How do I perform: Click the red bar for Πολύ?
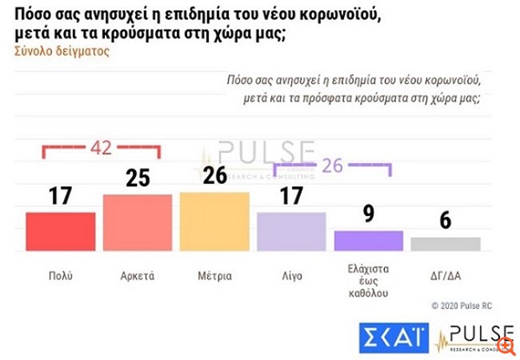pyautogui.click(x=60, y=232)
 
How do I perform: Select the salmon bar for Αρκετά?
pyautogui.click(x=137, y=222)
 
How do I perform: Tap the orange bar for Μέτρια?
pyautogui.click(x=214, y=222)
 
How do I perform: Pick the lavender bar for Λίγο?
pyautogui.click(x=290, y=232)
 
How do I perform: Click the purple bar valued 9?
pyautogui.click(x=368, y=241)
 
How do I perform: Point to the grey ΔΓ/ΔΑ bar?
pyautogui.click(x=446, y=244)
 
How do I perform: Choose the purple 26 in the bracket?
pyautogui.click(x=332, y=166)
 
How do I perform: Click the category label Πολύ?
pyautogui.click(x=60, y=276)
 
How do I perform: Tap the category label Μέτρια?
pyautogui.click(x=214, y=276)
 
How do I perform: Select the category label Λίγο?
pyautogui.click(x=290, y=276)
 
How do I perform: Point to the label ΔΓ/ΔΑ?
pyautogui.click(x=446, y=276)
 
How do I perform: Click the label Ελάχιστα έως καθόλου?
pyautogui.click(x=368, y=285)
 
